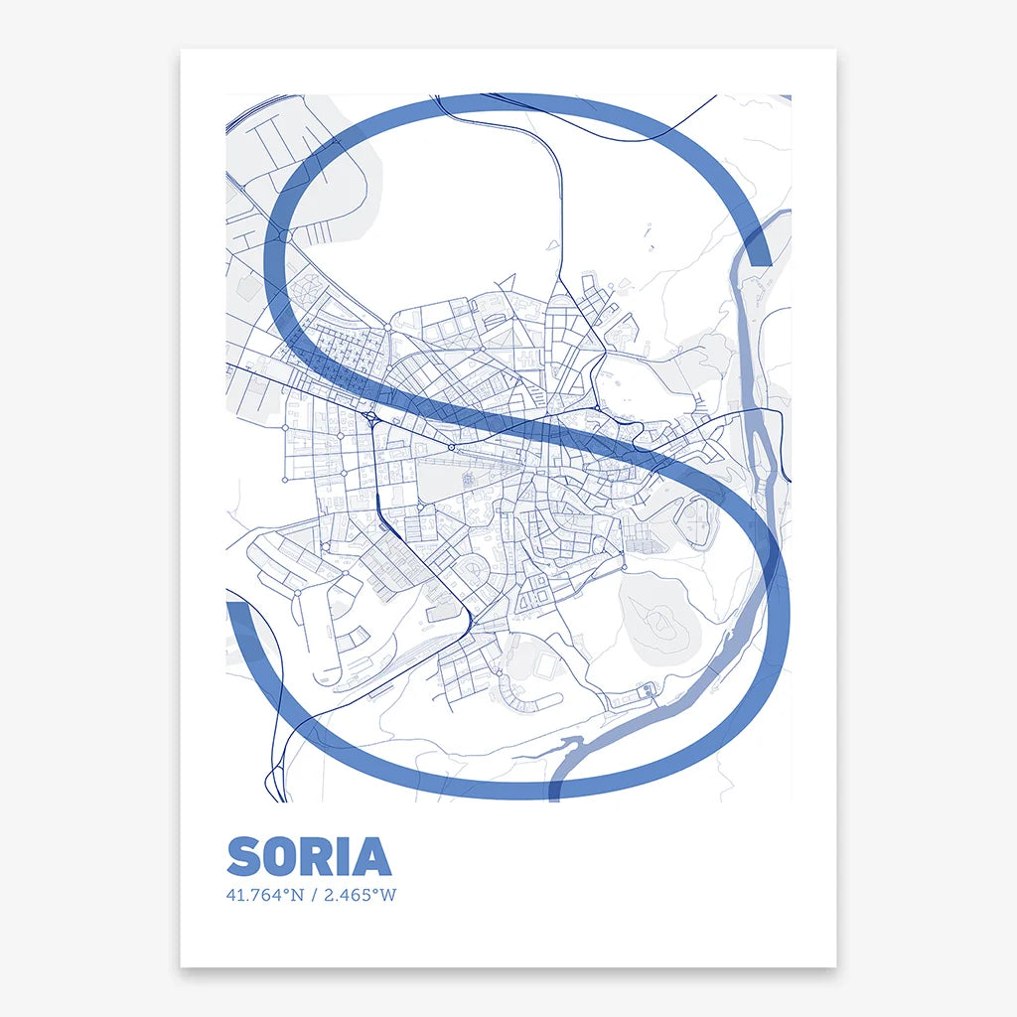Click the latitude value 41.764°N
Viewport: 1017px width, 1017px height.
264,895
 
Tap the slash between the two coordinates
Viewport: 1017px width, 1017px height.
314,895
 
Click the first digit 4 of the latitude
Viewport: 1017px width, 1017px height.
231,895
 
